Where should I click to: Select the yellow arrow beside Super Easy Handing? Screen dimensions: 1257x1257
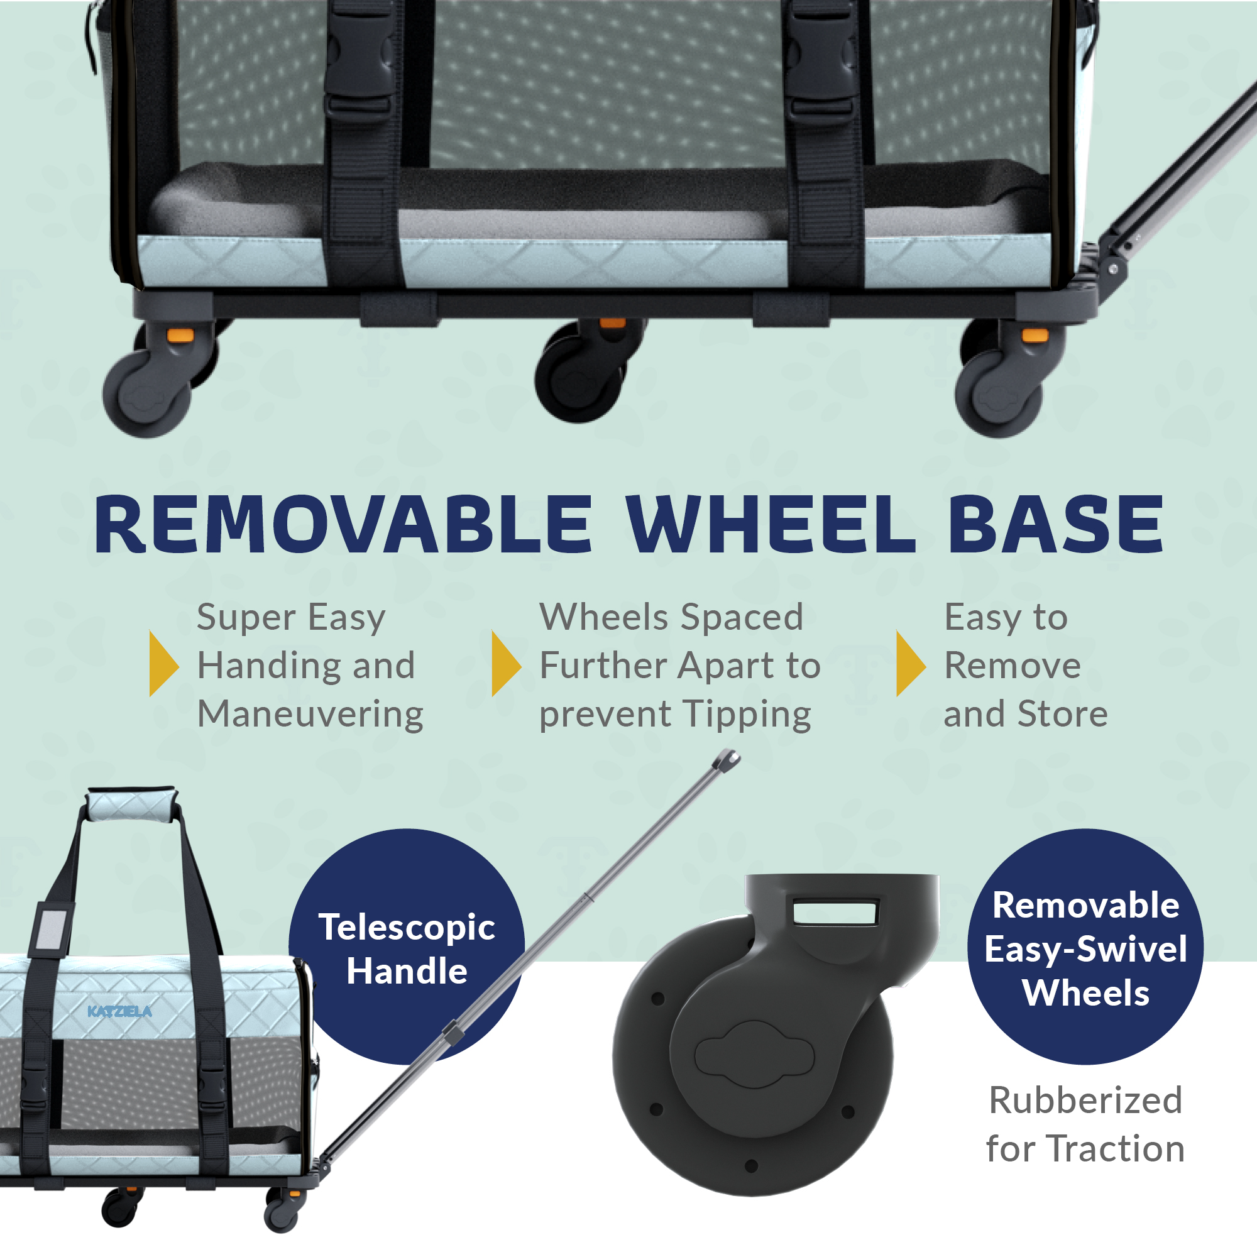tap(163, 663)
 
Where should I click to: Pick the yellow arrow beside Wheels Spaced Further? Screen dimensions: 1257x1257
tap(505, 663)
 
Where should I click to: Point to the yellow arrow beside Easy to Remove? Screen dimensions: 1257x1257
tap(909, 663)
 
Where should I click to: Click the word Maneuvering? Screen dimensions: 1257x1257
tap(310, 714)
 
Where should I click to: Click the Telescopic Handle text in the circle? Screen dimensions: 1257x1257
tap(407, 948)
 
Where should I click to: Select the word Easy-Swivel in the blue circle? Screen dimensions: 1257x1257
tap(1085, 948)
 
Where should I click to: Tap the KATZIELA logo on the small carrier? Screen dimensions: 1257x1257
tap(119, 1011)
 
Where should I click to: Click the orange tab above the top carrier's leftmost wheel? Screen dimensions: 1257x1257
tap(180, 335)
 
